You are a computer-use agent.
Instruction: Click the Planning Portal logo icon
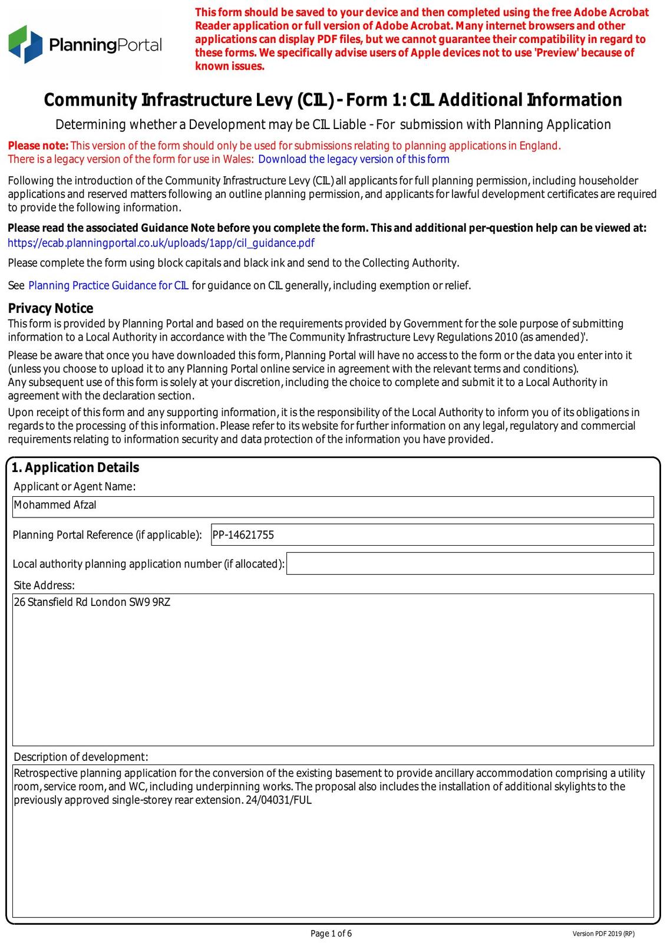tap(25, 44)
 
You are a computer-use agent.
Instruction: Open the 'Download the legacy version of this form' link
tap(354, 159)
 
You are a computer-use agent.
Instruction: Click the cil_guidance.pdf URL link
tap(161, 243)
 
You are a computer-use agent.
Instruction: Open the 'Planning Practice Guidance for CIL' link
tap(108, 285)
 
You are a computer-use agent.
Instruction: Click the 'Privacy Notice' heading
tap(51, 308)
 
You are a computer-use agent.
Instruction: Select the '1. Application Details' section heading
tap(75, 467)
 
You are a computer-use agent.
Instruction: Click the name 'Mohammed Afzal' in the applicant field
tap(55, 505)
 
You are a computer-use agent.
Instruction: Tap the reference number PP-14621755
tap(243, 535)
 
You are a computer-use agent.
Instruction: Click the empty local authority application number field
tap(470, 563)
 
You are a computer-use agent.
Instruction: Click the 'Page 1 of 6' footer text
tap(331, 933)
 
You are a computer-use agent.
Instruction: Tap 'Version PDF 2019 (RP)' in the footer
tap(603, 934)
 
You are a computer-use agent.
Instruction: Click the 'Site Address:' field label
tap(44, 585)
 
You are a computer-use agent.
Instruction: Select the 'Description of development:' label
tap(81, 757)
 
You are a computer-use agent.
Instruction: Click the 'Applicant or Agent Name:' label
tap(75, 486)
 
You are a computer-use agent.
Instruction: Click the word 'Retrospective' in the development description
tap(45, 773)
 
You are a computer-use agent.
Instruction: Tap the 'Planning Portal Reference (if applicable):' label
tap(107, 535)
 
